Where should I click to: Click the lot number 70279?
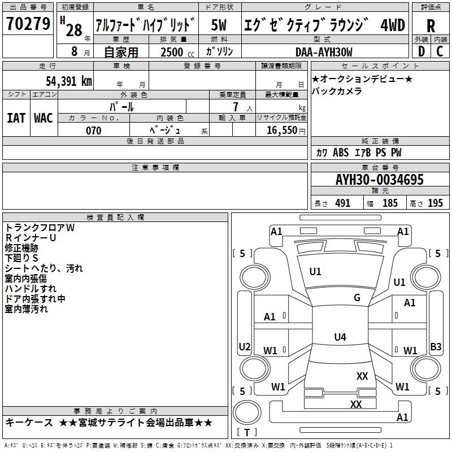click(28, 24)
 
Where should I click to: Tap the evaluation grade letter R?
click(431, 25)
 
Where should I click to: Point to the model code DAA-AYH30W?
click(324, 52)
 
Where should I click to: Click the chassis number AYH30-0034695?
click(379, 180)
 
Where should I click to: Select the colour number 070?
click(93, 131)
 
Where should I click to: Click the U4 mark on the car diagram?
click(340, 337)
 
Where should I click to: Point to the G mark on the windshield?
click(357, 298)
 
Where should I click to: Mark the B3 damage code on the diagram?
click(436, 347)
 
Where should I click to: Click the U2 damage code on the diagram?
click(245, 346)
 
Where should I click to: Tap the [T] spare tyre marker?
click(247, 433)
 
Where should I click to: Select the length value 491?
click(342, 203)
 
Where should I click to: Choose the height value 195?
click(435, 203)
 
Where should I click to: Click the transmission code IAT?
click(16, 118)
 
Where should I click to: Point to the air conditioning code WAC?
click(44, 118)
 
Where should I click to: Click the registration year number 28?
click(74, 30)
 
